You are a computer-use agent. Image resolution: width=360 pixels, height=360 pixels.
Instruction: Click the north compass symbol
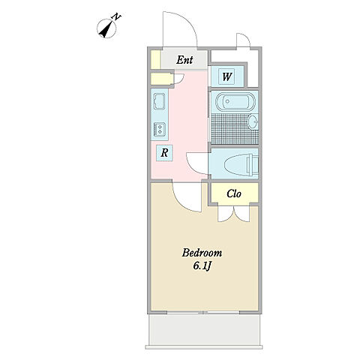pyautogui.click(x=106, y=28)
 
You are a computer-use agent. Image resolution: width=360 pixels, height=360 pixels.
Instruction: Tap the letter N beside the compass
pyautogui.click(x=116, y=17)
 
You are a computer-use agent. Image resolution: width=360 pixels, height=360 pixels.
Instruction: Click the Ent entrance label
pyautogui.click(x=184, y=60)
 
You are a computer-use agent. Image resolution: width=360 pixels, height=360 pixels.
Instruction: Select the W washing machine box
pyautogui.click(x=226, y=76)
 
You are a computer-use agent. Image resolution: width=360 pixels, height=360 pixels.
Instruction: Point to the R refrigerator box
pyautogui.click(x=164, y=153)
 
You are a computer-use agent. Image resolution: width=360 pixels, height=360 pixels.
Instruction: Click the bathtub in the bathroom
pyautogui.click(x=235, y=102)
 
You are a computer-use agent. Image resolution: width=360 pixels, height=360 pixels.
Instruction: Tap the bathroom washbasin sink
pyautogui.click(x=253, y=122)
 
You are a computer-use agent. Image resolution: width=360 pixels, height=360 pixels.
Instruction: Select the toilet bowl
pyautogui.click(x=241, y=164)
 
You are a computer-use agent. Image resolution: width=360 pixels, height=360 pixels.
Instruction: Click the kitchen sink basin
pyautogui.click(x=159, y=101)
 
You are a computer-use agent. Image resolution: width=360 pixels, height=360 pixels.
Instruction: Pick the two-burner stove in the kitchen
pyautogui.click(x=159, y=130)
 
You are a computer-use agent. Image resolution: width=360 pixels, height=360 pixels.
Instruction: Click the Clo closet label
pyautogui.click(x=234, y=193)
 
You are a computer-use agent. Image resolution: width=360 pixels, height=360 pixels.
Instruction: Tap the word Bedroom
pyautogui.click(x=202, y=253)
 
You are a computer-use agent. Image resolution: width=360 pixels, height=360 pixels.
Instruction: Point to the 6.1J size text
pyautogui.click(x=202, y=266)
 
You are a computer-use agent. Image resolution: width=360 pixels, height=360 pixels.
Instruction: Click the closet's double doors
pyautogui.click(x=234, y=214)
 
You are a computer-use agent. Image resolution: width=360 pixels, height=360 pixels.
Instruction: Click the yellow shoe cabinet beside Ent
pyautogui.click(x=156, y=59)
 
